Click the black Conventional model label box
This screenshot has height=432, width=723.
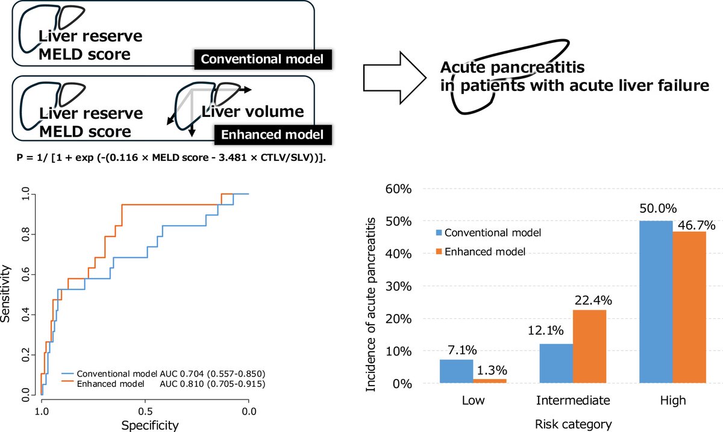(x=263, y=60)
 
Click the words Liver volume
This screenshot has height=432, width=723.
(x=252, y=112)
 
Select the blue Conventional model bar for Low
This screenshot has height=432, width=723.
(x=456, y=371)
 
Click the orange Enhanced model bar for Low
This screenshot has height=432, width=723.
(x=489, y=381)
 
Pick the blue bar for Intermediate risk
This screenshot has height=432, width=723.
(x=556, y=363)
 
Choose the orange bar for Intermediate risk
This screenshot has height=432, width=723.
(x=589, y=346)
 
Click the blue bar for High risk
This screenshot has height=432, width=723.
(x=655, y=302)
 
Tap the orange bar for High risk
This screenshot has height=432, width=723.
(x=688, y=307)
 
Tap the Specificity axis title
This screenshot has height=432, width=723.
(x=150, y=425)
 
